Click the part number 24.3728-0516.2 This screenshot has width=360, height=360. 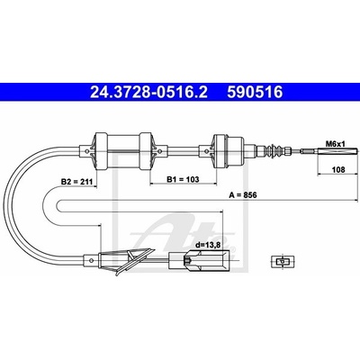(148, 92)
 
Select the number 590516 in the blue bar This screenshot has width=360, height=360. (255, 92)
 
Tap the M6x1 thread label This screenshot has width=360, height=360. (336, 144)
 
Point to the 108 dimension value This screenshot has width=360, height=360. (338, 169)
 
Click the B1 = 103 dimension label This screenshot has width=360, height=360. (183, 179)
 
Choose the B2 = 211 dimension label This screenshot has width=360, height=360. (77, 182)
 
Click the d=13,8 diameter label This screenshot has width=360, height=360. (208, 245)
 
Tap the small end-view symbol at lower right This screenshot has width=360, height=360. (283, 261)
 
